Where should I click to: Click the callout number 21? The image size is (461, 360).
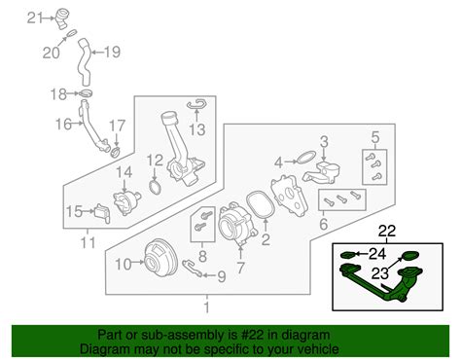(x=35, y=17)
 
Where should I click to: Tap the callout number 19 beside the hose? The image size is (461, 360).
(x=112, y=52)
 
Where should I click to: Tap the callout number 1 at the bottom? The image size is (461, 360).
(x=205, y=305)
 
